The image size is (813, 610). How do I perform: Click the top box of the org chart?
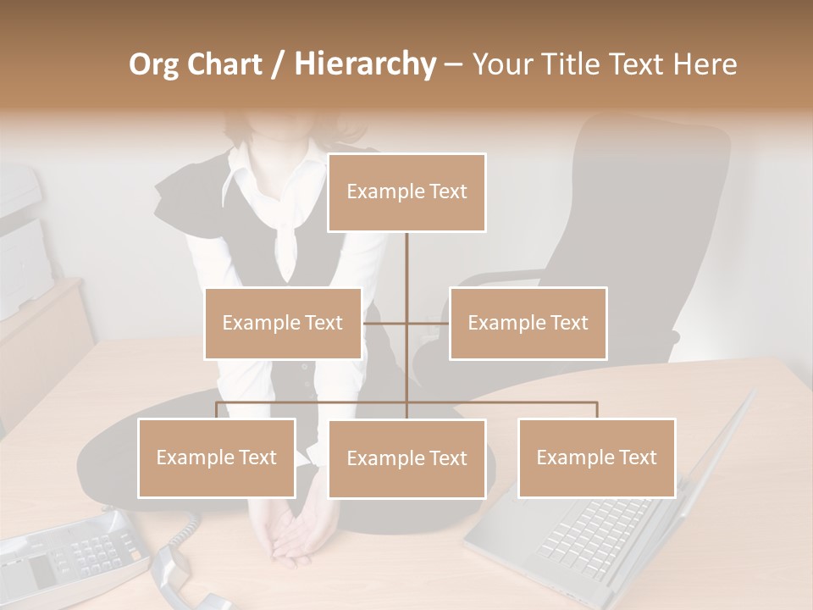coord(406,192)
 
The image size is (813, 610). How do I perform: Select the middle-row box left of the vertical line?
coord(283,323)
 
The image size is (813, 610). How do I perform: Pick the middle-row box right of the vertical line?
coord(528,323)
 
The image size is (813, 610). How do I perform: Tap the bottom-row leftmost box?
coord(217,457)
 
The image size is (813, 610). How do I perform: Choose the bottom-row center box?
coord(406,458)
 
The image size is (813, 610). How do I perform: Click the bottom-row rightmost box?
coord(596,457)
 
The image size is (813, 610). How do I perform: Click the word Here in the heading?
coord(704,64)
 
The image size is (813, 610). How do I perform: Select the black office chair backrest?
coord(644,186)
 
